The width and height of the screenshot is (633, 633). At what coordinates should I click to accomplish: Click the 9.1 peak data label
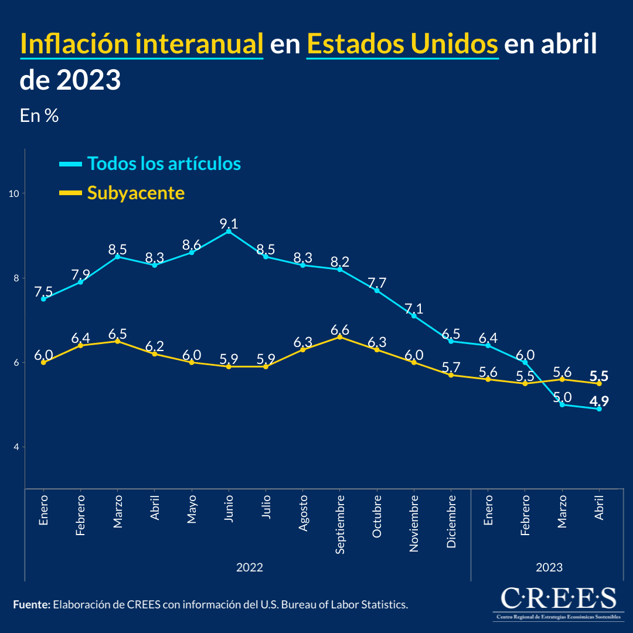pyautogui.click(x=229, y=223)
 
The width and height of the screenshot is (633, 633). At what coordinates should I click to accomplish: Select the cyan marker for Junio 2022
pyautogui.click(x=229, y=232)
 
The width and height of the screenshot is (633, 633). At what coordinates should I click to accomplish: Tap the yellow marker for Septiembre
pyautogui.click(x=340, y=337)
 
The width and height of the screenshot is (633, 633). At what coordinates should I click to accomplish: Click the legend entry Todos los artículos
pyautogui.click(x=164, y=164)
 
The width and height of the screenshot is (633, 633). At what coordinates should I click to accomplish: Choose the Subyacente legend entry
pyautogui.click(x=135, y=193)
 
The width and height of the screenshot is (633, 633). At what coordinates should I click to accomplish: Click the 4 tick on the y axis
pyautogui.click(x=16, y=447)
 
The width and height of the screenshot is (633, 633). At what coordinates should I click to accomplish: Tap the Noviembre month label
pyautogui.click(x=414, y=523)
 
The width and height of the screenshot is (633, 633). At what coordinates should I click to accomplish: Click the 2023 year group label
pyautogui.click(x=549, y=567)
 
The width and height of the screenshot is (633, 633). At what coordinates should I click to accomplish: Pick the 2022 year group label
pyautogui.click(x=249, y=567)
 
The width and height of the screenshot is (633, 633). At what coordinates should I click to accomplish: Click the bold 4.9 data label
pyautogui.click(x=599, y=401)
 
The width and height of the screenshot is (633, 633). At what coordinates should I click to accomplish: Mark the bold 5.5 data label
pyautogui.click(x=599, y=376)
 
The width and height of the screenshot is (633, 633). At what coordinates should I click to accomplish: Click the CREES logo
pyautogui.click(x=559, y=603)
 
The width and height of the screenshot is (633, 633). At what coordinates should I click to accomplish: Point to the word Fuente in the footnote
pyautogui.click(x=31, y=604)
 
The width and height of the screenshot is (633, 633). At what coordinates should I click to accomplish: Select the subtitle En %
pyautogui.click(x=39, y=115)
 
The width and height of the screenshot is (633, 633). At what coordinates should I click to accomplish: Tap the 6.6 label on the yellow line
pyautogui.click(x=340, y=329)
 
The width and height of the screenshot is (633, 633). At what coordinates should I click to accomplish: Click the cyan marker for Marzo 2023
pyautogui.click(x=562, y=404)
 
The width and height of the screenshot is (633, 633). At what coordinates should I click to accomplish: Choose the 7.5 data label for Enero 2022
pyautogui.click(x=43, y=291)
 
